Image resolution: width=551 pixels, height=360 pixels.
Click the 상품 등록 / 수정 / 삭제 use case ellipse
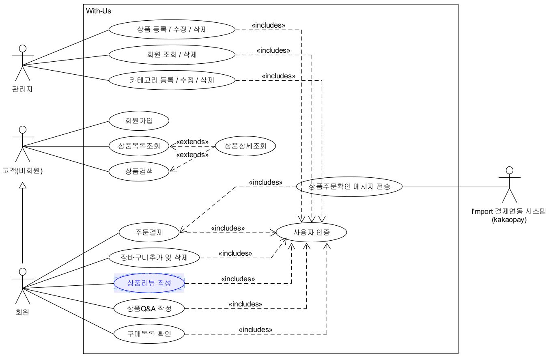pyautogui.click(x=172, y=30)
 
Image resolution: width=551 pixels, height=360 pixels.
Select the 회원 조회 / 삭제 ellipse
pyautogui.click(x=172, y=55)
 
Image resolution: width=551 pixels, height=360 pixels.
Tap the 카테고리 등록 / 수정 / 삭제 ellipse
pyautogui.click(x=172, y=80)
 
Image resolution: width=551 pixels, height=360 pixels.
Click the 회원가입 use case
pyautogui.click(x=139, y=121)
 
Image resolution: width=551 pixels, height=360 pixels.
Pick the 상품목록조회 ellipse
pyautogui.click(x=139, y=146)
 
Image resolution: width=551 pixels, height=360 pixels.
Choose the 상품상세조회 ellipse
pyautogui.click(x=245, y=146)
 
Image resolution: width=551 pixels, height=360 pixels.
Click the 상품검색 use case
pyautogui.click(x=139, y=171)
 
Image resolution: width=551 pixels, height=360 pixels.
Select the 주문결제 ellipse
pyautogui.click(x=149, y=232)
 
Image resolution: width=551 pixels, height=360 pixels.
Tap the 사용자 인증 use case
pyautogui.click(x=312, y=232)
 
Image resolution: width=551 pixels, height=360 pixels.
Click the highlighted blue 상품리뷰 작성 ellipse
pyautogui.click(x=149, y=283)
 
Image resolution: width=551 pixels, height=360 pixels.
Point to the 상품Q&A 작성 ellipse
pyautogui.click(x=149, y=308)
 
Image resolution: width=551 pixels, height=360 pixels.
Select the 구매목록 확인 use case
pyautogui.click(x=149, y=334)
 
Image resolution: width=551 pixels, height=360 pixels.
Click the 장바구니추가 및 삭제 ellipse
pyautogui.click(x=154, y=258)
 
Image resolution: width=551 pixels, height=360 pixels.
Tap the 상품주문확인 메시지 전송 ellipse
pyautogui.click(x=349, y=187)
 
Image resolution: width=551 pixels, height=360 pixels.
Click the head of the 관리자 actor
pyautogui.click(x=23, y=48)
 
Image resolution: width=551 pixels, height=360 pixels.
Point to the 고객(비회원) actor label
pyautogui.click(x=23, y=170)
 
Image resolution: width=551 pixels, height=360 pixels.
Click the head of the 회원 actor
pyautogui.click(x=23, y=272)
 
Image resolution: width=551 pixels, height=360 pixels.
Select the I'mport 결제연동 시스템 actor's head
pyautogui.click(x=510, y=170)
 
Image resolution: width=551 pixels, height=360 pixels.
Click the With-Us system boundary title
pyautogui.click(x=98, y=11)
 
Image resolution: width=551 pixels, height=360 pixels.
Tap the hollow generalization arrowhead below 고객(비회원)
pyautogui.click(x=23, y=185)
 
